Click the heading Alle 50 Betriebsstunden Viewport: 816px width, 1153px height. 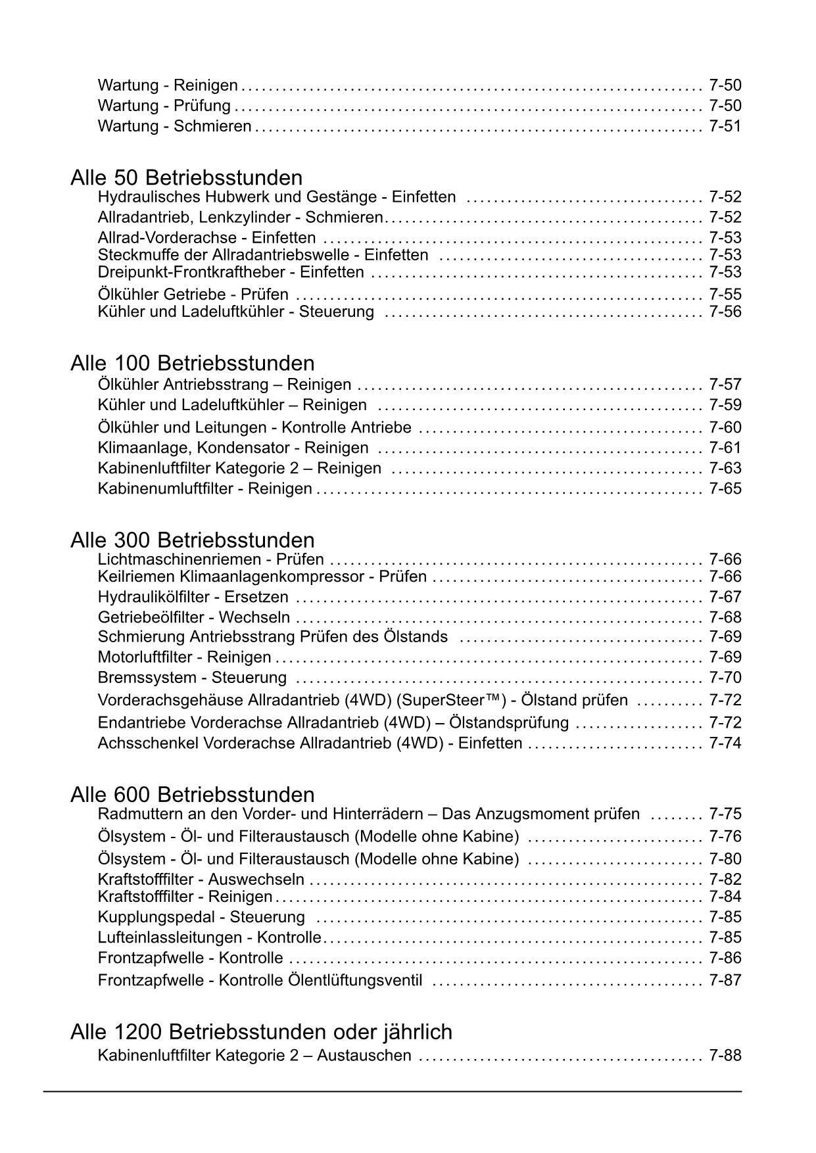coord(186,177)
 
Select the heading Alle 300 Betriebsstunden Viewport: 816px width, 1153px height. coord(192,540)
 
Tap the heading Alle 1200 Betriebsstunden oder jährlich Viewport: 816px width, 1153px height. coord(261,1031)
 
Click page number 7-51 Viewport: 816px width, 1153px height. coord(725,126)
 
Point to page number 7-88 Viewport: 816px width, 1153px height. coord(725,1056)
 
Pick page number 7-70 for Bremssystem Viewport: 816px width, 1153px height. coord(725,677)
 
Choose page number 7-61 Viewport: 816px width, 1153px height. coord(725,448)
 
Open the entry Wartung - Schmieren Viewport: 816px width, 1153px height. coord(174,126)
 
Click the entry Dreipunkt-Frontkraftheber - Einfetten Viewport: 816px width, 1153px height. coord(230,272)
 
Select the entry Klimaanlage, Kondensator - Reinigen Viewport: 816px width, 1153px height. coord(233,448)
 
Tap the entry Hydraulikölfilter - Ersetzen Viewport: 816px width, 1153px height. coord(193,597)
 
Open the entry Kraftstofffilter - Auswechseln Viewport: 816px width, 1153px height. coord(201,879)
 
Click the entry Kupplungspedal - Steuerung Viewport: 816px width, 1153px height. coord(201,916)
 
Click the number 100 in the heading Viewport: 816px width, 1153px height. coord(133,363)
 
